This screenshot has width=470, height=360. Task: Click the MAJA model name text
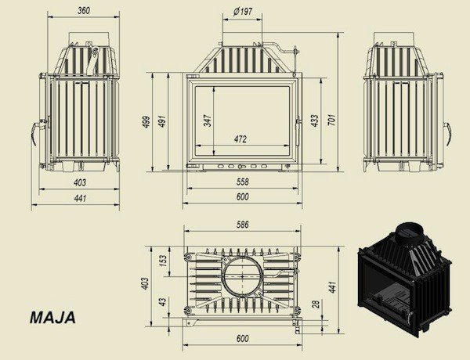tap(52, 318)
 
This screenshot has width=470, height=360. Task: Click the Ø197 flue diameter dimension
tap(243, 12)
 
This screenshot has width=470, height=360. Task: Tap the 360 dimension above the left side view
tap(84, 10)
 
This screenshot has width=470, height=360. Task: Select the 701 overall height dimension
tap(332, 120)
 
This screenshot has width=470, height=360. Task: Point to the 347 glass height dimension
tap(208, 120)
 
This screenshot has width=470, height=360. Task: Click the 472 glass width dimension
tap(240, 139)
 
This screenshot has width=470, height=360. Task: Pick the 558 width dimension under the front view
tap(243, 182)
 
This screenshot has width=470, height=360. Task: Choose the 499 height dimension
tap(146, 121)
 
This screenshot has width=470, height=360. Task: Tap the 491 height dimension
tap(162, 121)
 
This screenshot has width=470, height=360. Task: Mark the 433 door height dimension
tap(315, 121)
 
